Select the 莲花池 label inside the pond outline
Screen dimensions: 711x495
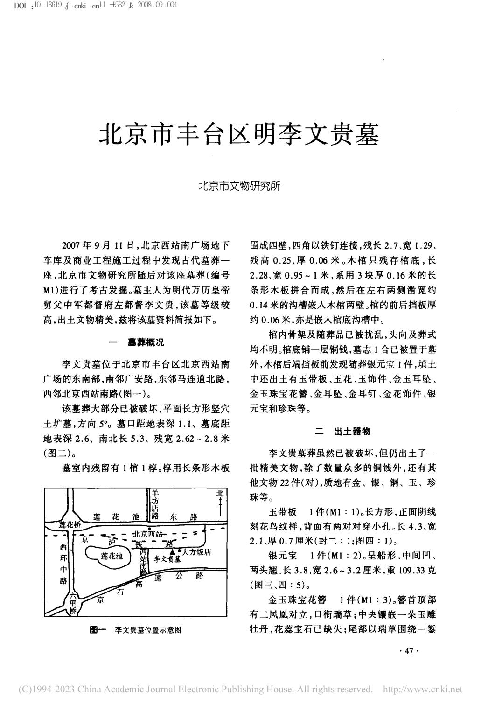tap(112, 556)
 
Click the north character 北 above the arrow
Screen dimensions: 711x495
tap(219, 494)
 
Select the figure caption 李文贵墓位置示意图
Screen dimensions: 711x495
tap(148, 630)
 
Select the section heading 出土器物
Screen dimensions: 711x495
tap(352, 432)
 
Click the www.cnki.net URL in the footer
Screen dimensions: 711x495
tap(422, 689)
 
